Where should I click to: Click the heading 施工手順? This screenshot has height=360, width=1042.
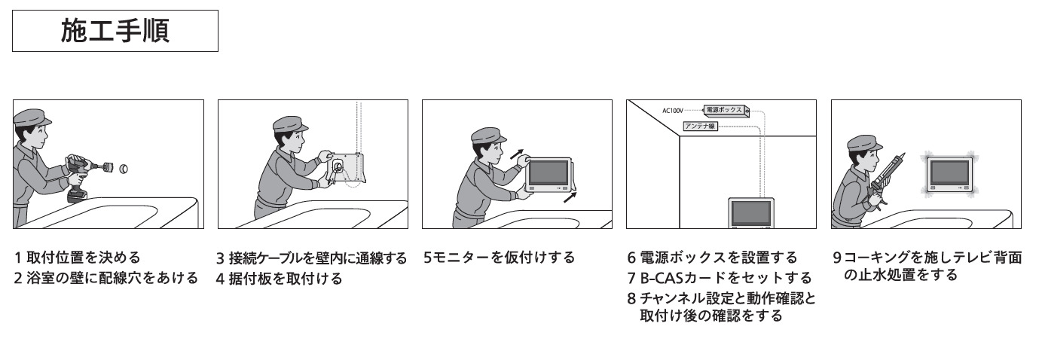pyautogui.click(x=115, y=31)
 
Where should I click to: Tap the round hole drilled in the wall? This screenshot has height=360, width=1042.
pyautogui.click(x=124, y=168)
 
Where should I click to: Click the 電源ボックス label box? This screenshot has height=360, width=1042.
pyautogui.click(x=723, y=110)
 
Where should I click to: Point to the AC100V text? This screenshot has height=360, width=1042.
pyautogui.click(x=672, y=111)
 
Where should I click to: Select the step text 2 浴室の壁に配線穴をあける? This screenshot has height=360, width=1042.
pyautogui.click(x=105, y=278)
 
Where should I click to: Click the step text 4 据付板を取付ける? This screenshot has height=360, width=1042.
pyautogui.click(x=280, y=279)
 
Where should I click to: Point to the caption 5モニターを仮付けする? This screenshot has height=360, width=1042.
pyautogui.click(x=499, y=258)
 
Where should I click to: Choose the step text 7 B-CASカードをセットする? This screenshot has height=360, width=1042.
pyautogui.click(x=719, y=278)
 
